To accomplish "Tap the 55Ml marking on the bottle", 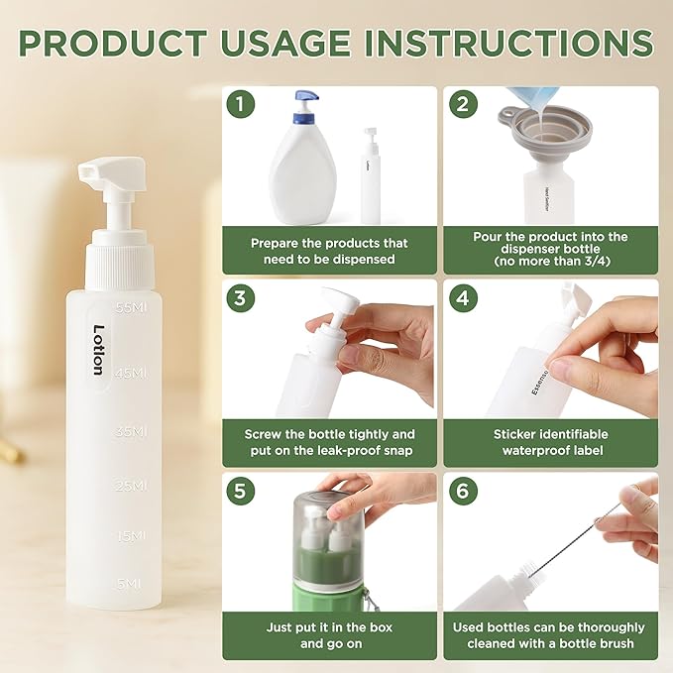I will [x=131, y=307].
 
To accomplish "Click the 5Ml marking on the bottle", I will [x=132, y=583].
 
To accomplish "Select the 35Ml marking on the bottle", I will [x=131, y=431].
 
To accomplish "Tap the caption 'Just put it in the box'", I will [x=329, y=627].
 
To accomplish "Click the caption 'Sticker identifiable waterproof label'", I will [x=550, y=442].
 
